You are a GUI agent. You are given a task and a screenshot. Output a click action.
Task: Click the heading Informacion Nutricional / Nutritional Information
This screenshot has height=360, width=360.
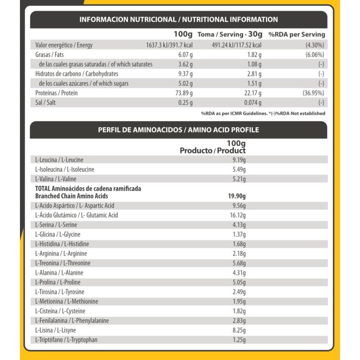179,19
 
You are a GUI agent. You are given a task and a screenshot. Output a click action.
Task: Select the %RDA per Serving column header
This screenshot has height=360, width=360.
296,34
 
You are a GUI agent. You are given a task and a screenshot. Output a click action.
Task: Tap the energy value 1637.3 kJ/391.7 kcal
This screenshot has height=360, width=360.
169,45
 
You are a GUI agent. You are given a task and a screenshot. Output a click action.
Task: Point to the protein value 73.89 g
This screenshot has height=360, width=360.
183,93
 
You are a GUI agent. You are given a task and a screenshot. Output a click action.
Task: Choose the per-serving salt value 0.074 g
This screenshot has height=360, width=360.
252,103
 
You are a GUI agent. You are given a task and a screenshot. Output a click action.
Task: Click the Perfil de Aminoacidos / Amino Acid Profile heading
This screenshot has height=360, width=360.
179,130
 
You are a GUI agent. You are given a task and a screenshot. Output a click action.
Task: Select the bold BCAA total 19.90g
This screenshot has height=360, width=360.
236,196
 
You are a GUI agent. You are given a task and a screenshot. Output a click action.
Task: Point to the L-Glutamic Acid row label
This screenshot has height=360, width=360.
77,215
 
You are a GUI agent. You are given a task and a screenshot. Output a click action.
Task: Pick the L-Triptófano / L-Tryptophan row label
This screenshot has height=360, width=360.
66,340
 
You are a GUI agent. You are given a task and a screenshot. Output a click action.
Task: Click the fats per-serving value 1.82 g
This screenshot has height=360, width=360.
253,55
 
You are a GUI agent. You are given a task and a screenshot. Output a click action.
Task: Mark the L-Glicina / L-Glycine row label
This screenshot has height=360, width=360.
61,234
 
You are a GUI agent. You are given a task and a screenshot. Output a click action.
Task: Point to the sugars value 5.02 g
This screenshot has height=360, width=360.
184,84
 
